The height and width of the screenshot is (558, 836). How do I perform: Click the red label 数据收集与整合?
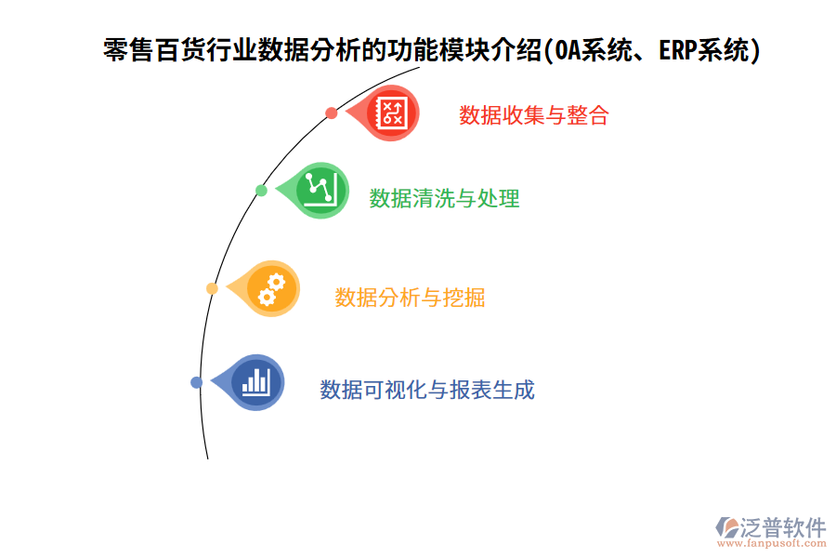[x=533, y=115]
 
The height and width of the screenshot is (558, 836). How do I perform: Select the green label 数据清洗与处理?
[x=444, y=198]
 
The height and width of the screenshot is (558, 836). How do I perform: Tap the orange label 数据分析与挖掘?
[x=410, y=298]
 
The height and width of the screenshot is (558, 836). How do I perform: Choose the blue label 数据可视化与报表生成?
[x=427, y=390]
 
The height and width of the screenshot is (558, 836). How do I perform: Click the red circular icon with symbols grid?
[x=391, y=113]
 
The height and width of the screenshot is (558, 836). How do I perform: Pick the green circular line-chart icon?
[x=320, y=190]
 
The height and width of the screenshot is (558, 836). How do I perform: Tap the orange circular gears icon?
[x=270, y=288]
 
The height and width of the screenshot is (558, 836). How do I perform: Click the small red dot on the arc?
[x=332, y=113]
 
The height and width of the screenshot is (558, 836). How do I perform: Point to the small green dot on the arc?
[x=261, y=191]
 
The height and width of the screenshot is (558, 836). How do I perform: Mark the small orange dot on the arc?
[x=212, y=288]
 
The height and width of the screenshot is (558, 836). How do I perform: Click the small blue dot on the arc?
[x=196, y=382]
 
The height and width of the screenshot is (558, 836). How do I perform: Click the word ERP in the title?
[x=678, y=51]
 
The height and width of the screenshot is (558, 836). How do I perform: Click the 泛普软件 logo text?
[x=782, y=527]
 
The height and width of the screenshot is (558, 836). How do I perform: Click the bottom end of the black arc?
[x=207, y=458]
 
